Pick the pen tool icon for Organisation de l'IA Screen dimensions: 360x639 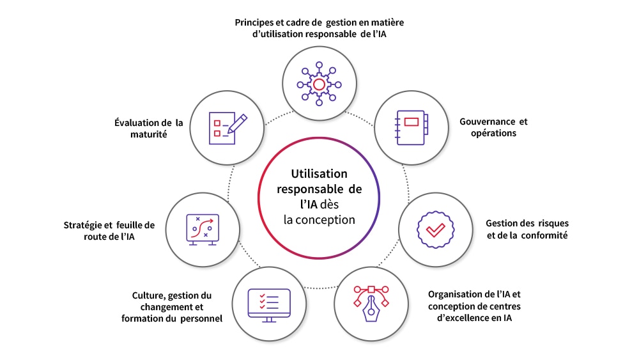point(371,304)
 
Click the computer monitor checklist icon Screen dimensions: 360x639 point(269,304)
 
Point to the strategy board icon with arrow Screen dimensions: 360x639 point(202,229)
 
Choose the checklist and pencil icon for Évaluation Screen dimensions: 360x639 point(227,127)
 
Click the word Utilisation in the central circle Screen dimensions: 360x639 point(319,173)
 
